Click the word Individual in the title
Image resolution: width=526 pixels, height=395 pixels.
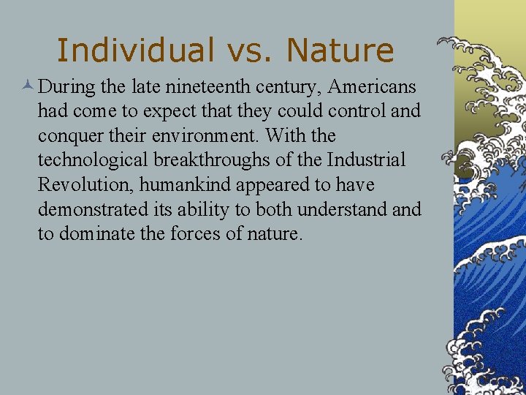(134, 50)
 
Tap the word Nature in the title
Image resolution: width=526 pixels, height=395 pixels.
(340, 50)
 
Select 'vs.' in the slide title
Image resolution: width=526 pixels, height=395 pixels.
(249, 50)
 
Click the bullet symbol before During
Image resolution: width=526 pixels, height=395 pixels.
(27, 87)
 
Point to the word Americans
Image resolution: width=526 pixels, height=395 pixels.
(372, 87)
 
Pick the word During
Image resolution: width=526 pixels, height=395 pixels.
(67, 87)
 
